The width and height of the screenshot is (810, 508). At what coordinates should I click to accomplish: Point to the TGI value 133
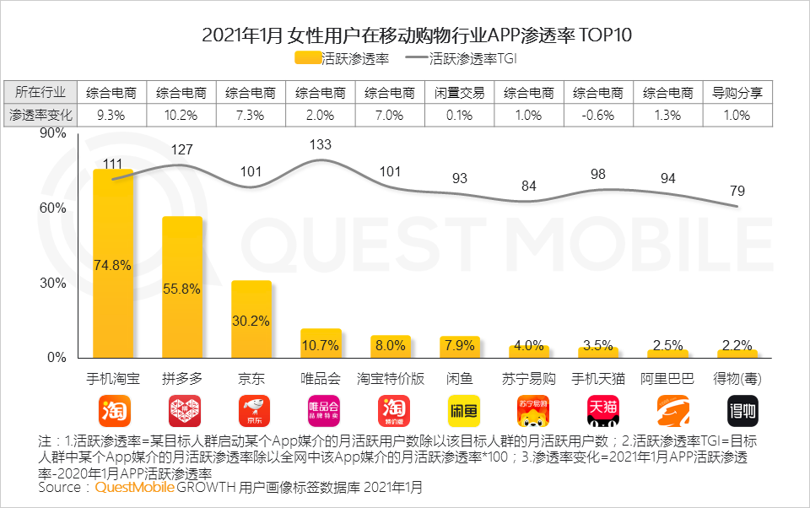pyautogui.click(x=321, y=145)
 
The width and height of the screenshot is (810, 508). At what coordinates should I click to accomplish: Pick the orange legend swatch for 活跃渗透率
pyautogui.click(x=308, y=58)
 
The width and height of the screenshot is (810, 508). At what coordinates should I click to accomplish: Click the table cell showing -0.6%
pyautogui.click(x=598, y=116)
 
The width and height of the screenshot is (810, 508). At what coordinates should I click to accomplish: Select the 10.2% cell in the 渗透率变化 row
pyautogui.click(x=182, y=116)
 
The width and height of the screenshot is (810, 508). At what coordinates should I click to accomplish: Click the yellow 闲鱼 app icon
pyautogui.click(x=460, y=411)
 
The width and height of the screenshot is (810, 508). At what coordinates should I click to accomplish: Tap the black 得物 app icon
pyautogui.click(x=737, y=411)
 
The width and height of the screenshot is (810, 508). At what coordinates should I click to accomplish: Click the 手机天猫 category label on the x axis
pyautogui.click(x=598, y=378)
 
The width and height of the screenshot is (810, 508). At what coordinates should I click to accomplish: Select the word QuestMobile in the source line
pyautogui.click(x=134, y=488)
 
